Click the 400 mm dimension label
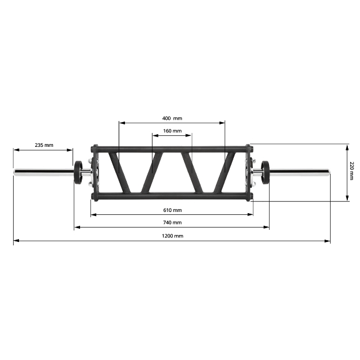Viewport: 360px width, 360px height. click(172, 118)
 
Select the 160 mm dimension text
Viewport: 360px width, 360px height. click(172, 131)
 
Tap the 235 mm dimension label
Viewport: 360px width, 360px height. click(44, 145)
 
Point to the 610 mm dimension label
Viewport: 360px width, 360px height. click(172, 210)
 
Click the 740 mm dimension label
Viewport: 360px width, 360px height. click(172, 222)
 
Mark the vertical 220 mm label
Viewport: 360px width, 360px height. click(352, 171)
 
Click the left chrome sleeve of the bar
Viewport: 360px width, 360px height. click(43, 171)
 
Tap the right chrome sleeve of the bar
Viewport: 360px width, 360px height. click(300, 171)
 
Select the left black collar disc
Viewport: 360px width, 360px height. click(77, 171)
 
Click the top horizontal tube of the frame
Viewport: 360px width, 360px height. click(172, 148)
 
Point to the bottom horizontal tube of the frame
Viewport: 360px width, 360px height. click(172, 195)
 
